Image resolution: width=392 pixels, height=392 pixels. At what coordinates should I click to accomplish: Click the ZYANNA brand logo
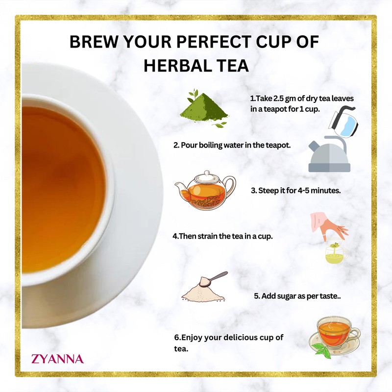coord(57,359)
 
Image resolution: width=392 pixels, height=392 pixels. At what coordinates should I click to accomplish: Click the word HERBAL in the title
coord(176,67)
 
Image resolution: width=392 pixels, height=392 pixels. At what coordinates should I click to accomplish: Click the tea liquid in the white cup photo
coord(59,186)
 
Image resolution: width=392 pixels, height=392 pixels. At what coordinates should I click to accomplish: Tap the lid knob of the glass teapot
coord(206,173)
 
